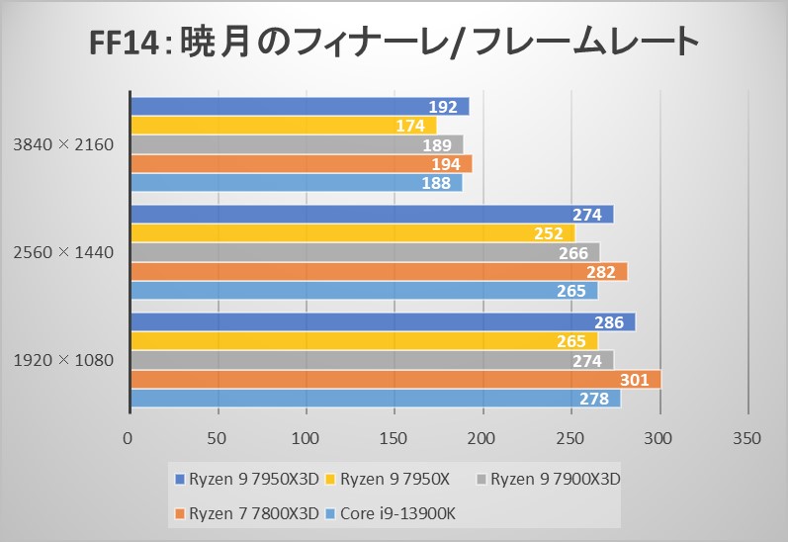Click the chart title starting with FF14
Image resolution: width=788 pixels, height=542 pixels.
coord(393,45)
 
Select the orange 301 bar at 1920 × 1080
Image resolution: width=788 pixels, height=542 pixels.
coord(395,380)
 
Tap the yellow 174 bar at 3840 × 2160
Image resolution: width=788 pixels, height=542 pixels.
coord(282,126)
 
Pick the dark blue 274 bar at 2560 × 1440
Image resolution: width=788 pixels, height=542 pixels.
coord(371,215)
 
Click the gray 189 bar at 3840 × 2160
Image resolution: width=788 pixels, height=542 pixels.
coord(296,145)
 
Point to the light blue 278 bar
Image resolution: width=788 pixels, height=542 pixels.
coord(375,399)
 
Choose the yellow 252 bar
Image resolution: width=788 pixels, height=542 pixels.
coord(352,233)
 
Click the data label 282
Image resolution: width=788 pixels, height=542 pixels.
coord(601,272)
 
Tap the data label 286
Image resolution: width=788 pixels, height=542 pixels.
coord(609,322)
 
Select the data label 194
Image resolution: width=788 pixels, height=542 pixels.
coord(446,164)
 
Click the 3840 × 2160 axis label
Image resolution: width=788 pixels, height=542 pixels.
coord(64,144)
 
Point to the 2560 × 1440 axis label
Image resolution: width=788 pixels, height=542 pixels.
coord(64,252)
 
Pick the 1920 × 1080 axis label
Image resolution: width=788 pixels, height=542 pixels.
coord(64,360)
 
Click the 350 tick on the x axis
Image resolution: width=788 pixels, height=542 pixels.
coord(747,438)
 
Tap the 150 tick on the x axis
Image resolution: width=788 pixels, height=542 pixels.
coord(394,438)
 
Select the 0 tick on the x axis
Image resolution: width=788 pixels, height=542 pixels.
coord(129,438)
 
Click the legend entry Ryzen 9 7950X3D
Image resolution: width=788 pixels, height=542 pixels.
coord(249,480)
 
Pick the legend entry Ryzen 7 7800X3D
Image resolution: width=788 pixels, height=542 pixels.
coord(249,513)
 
